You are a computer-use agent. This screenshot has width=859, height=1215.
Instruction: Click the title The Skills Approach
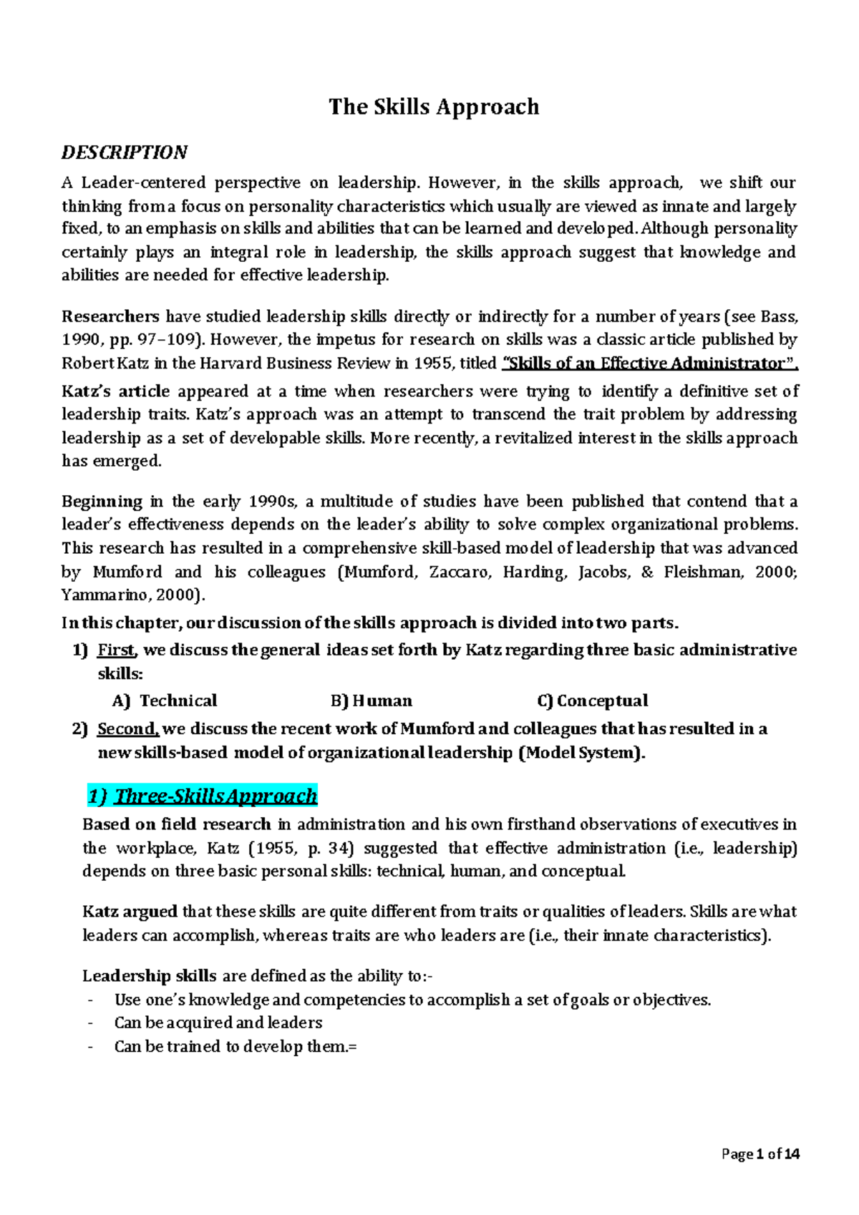[434, 107]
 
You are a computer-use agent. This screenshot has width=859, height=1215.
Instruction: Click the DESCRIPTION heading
[124, 152]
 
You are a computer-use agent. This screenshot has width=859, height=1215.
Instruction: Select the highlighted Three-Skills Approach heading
[203, 796]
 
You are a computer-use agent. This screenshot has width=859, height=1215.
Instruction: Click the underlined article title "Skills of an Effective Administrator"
[651, 363]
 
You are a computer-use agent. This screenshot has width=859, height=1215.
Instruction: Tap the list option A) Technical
[165, 701]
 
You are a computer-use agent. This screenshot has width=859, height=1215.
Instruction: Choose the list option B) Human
[372, 701]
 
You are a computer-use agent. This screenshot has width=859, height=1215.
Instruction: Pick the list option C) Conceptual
[592, 701]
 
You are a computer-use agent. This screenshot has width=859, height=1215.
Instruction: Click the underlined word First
[116, 650]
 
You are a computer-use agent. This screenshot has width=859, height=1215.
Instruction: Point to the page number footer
[760, 1153]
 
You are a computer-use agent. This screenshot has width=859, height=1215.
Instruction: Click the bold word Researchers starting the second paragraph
[110, 317]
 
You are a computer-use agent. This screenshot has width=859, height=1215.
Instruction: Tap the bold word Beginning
[102, 502]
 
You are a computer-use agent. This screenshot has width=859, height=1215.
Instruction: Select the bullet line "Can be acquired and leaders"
[218, 1023]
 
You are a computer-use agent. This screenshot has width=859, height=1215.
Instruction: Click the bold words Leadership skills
[149, 976]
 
